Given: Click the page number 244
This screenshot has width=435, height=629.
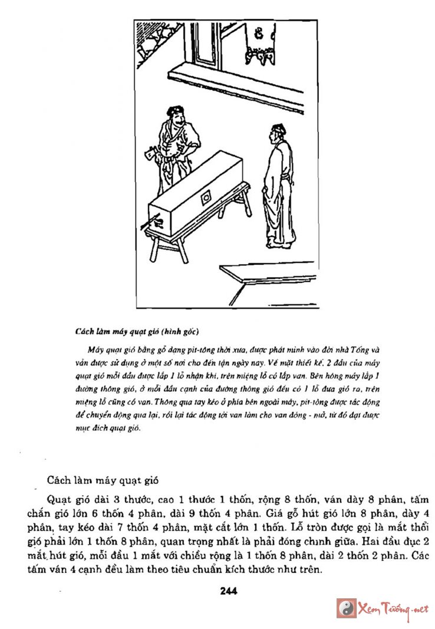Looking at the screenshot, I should (228, 590).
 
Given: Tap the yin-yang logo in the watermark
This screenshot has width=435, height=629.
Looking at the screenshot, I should (346, 608).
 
